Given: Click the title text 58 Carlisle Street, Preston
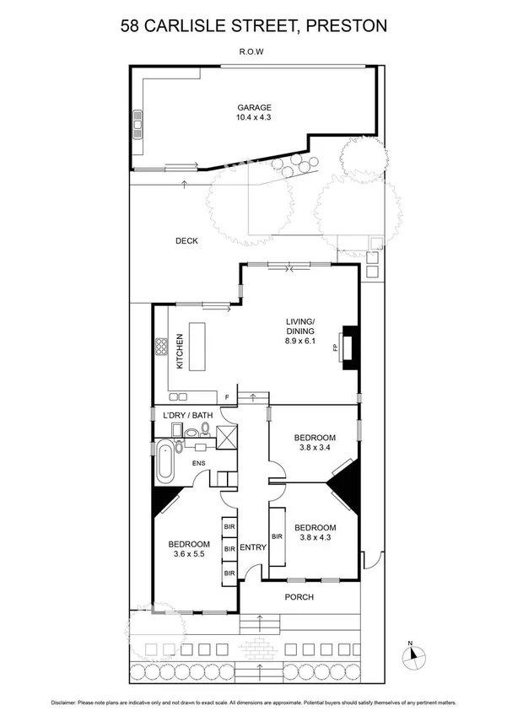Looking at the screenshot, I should (253, 26).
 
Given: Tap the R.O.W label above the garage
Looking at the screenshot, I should (253, 51).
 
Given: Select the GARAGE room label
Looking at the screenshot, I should (253, 107).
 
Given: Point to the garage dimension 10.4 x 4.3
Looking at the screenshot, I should (253, 118).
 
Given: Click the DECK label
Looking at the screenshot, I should (186, 240).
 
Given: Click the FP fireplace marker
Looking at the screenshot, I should (335, 347).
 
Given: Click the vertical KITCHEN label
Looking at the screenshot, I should (180, 352).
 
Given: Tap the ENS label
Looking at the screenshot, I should (201, 463).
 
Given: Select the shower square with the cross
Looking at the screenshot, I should (228, 437).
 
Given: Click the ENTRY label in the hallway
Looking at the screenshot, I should (253, 547).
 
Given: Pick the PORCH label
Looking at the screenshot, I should (299, 597).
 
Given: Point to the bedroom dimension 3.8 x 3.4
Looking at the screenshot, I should (315, 449).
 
